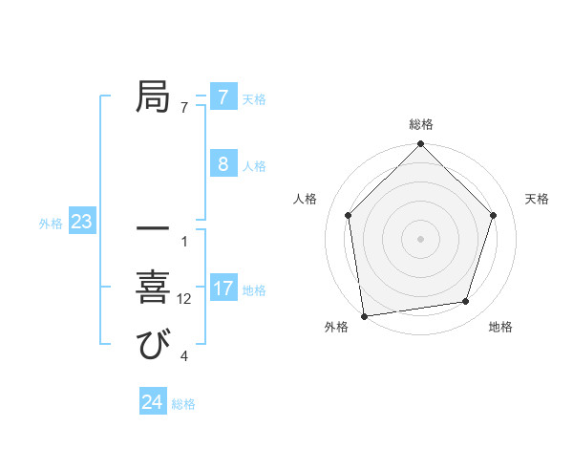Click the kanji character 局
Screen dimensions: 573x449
point(153,97)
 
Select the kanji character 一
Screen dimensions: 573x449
point(153,229)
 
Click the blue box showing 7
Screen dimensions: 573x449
point(223,97)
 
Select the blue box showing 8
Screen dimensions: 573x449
point(223,164)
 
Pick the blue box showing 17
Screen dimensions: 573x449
point(223,289)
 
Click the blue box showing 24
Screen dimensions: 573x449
point(152,402)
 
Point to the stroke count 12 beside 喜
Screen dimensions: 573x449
point(184,299)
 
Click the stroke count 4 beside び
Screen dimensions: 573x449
point(184,357)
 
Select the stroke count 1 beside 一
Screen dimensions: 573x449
point(184,241)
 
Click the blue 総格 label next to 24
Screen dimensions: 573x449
point(183,404)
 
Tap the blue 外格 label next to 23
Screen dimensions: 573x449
point(51,224)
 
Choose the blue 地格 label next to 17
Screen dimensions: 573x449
point(254,290)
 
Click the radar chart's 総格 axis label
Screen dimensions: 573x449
point(421,125)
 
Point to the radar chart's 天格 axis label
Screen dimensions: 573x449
point(538,199)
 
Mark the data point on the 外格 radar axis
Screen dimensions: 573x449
point(364,315)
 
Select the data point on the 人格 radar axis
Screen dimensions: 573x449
point(349,215)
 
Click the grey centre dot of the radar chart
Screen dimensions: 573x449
point(420,238)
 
